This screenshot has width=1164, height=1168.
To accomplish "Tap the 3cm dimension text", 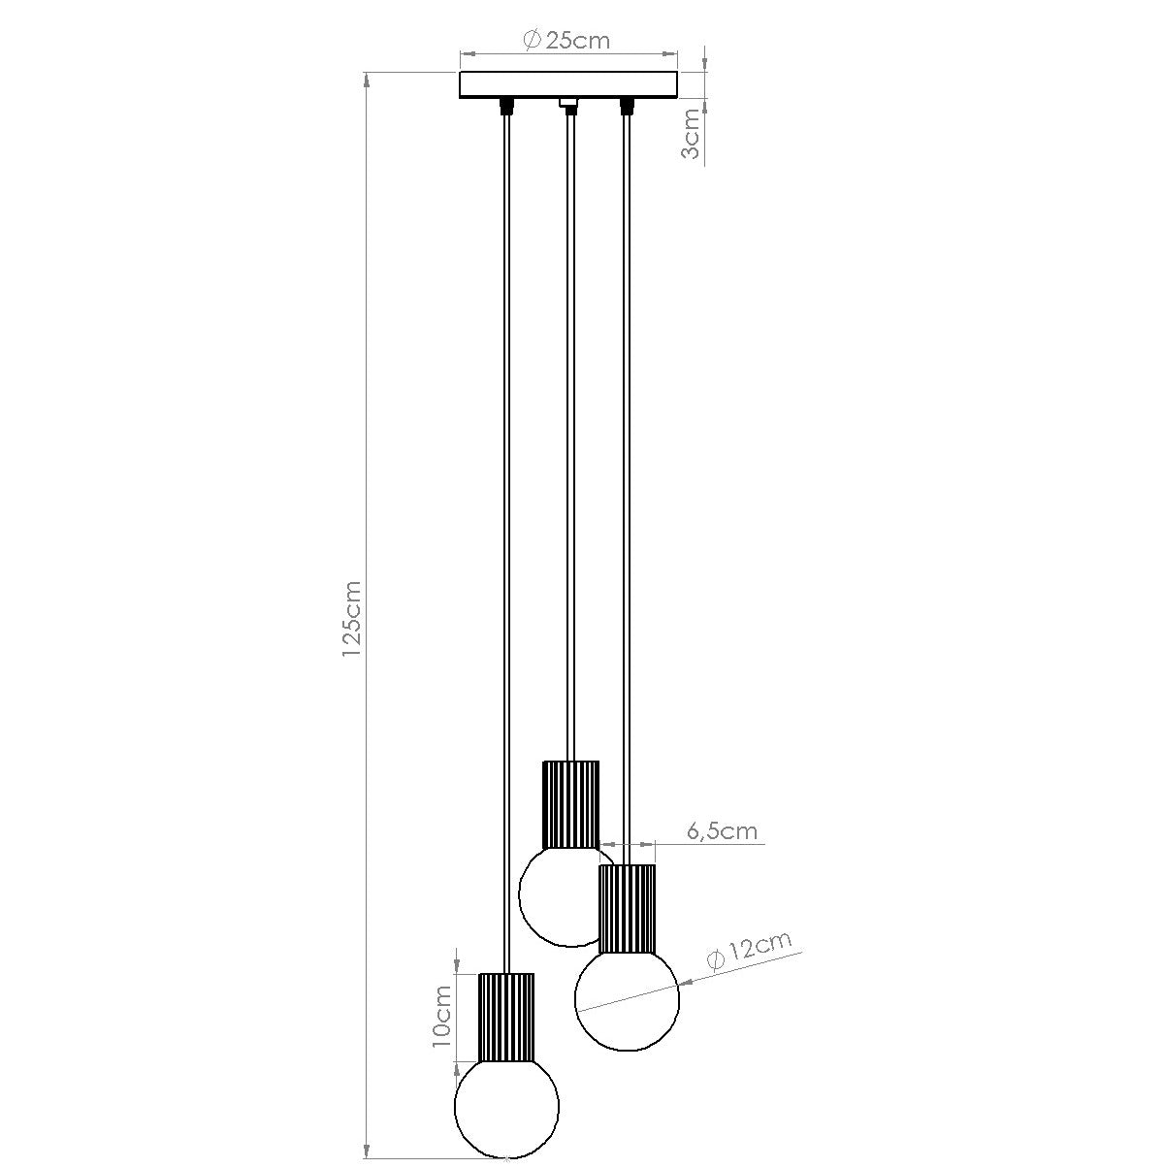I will click(x=691, y=135).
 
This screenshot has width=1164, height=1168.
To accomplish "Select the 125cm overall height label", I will click(x=351, y=621).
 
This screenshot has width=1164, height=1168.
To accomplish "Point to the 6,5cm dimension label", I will click(x=722, y=831).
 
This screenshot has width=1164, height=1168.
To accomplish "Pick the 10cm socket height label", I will click(x=441, y=1016).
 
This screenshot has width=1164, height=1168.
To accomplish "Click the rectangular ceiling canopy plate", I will click(x=568, y=85).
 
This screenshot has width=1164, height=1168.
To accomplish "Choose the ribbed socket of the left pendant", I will click(x=506, y=1017).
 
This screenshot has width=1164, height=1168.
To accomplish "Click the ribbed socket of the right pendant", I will click(x=627, y=908).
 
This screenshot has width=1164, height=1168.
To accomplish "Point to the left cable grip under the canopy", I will click(x=505, y=105).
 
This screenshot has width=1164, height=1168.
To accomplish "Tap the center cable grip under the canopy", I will click(x=569, y=105).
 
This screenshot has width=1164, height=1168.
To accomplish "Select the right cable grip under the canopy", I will click(x=627, y=105).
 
